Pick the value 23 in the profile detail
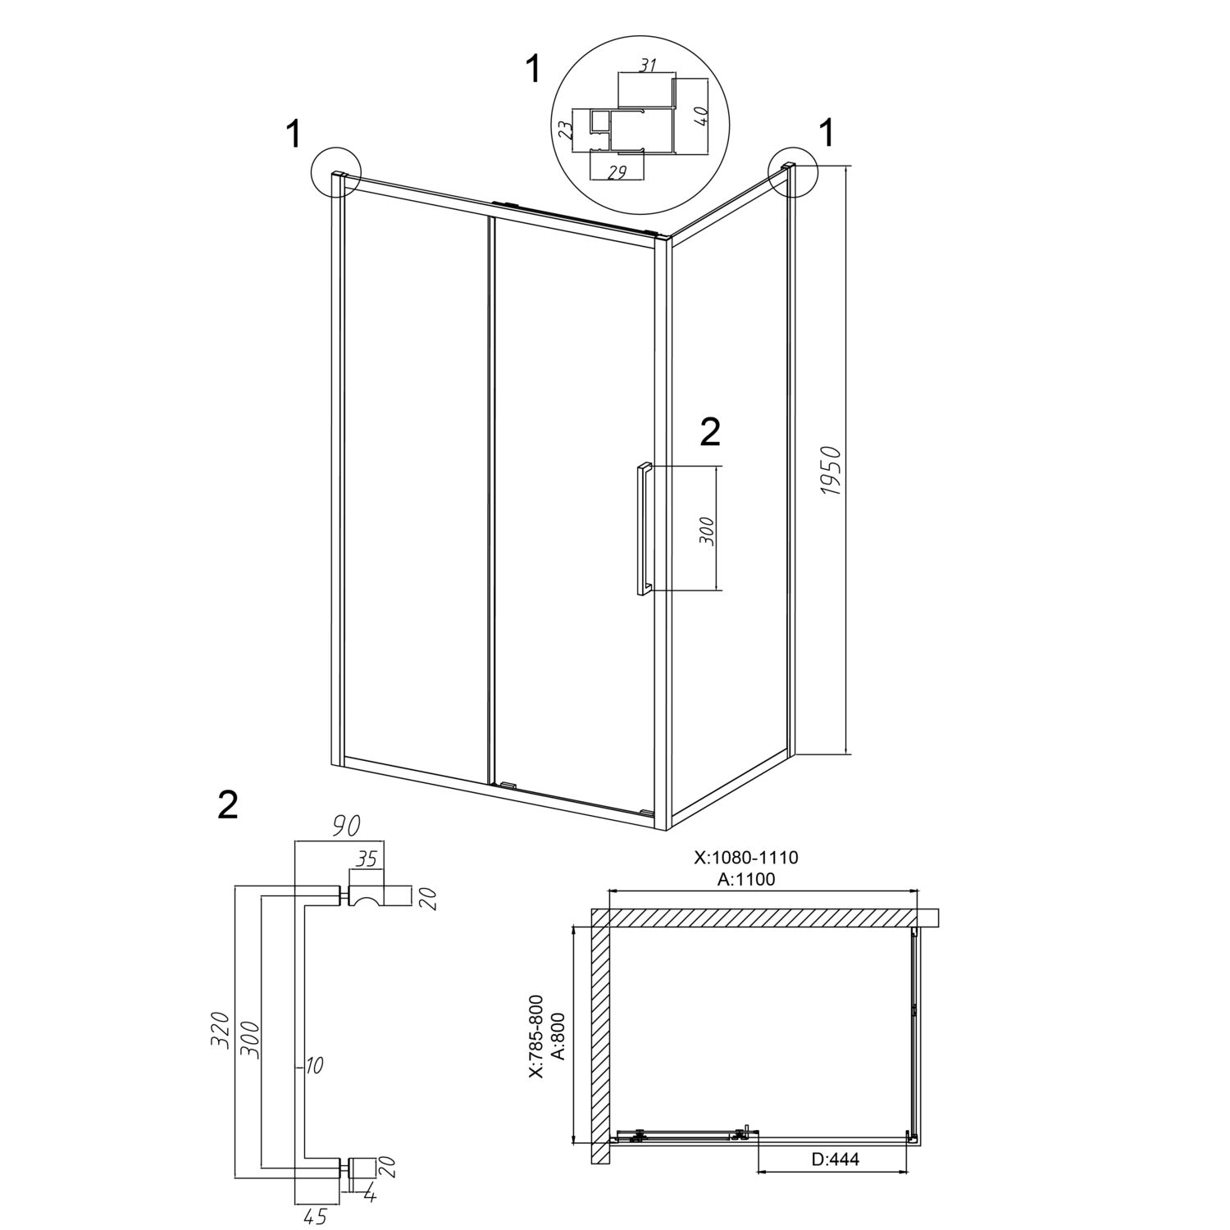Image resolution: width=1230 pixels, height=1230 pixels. click(564, 131)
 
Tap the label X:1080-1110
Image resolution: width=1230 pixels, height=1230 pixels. click(746, 858)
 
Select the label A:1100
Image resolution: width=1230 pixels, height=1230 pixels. click(746, 880)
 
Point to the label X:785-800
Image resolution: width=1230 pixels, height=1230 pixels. click(535, 1036)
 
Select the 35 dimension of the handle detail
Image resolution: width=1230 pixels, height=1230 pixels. click(367, 859)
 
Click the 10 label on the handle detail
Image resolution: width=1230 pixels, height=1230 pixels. click(315, 1066)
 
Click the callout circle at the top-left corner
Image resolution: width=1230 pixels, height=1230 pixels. click(336, 172)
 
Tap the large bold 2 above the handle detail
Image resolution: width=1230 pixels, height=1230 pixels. click(228, 805)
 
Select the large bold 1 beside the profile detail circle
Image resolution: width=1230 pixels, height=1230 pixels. click(534, 70)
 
